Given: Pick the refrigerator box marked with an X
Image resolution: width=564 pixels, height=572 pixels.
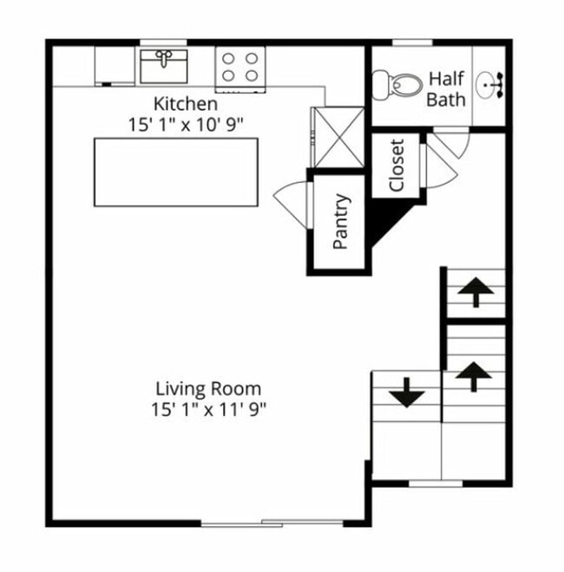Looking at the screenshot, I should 337,137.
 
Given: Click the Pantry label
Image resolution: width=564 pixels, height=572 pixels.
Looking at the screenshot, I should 341,222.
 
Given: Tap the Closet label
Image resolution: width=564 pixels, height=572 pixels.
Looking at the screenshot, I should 397,166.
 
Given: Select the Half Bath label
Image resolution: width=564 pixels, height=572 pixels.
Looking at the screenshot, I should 445,89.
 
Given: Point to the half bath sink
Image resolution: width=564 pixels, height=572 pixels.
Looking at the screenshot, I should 495,85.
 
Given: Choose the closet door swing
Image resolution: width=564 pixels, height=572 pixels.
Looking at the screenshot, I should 437,165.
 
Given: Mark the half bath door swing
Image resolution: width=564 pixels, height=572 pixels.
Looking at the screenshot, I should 451,142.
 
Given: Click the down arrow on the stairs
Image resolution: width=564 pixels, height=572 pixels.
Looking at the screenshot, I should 407,394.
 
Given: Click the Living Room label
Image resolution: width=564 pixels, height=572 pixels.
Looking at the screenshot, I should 208,388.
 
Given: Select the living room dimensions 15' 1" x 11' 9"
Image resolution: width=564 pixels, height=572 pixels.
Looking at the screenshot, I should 208,408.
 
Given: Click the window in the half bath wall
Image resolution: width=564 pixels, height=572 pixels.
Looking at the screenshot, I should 412,42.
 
